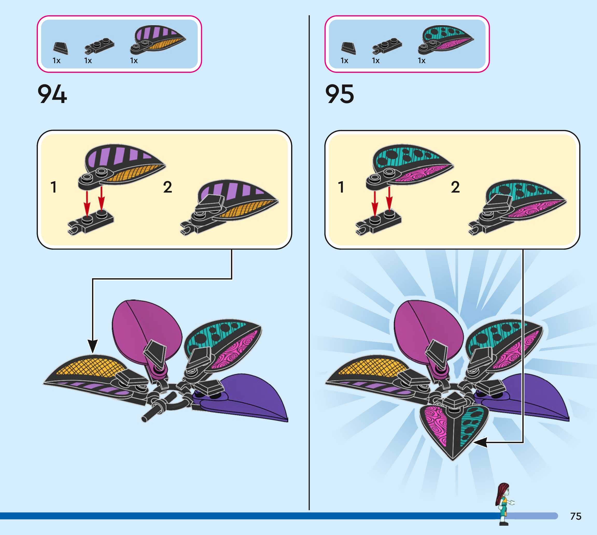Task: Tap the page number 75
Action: (575, 516)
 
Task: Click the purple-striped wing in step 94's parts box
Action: (158, 39)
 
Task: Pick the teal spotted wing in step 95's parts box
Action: (446, 39)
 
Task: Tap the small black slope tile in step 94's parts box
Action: (61, 48)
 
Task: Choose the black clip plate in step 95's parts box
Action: (387, 46)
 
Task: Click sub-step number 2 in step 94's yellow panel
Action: (167, 187)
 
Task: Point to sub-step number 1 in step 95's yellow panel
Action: (341, 187)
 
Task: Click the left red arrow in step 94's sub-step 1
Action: (87, 203)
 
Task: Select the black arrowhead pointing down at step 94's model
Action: (93, 346)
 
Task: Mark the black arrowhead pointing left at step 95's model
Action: (480, 442)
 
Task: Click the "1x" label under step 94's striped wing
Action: (134, 61)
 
